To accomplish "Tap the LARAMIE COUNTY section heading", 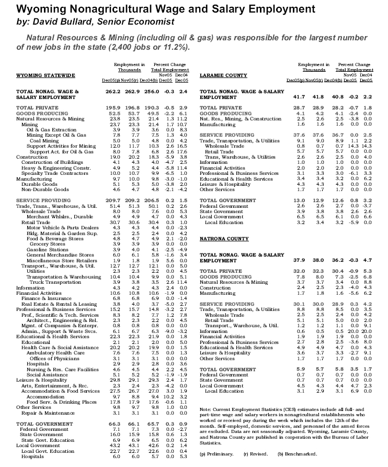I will point(224,75).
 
